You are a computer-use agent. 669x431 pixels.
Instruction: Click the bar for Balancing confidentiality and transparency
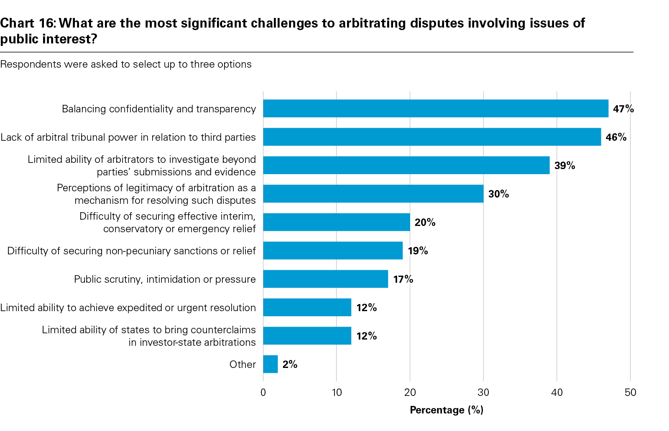pos(436,109)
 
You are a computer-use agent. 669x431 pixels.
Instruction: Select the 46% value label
pos(616,137)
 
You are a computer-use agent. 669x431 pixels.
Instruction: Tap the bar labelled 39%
pos(406,165)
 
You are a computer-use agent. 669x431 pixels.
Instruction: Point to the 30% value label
pos(498,194)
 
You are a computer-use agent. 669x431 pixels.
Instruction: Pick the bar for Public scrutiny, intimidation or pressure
pos(325,279)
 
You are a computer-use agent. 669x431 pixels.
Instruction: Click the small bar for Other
pos(271,364)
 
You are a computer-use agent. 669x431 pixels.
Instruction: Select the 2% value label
pos(290,364)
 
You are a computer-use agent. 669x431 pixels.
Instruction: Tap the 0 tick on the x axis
pos(263,393)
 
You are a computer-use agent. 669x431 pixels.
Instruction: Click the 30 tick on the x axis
pos(483,393)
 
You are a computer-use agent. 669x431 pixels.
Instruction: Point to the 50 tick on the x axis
pos(630,393)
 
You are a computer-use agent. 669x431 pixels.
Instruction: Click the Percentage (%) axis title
pos(447,410)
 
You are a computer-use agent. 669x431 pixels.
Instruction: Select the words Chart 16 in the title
pos(27,23)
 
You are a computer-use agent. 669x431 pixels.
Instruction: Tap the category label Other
pos(243,364)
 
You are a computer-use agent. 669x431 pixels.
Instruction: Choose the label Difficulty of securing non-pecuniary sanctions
pos(131,251)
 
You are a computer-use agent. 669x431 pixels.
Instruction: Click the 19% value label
pos(418,251)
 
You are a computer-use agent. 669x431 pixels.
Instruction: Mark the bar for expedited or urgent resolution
pos(307,307)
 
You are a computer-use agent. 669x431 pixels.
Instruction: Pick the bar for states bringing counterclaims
pos(307,336)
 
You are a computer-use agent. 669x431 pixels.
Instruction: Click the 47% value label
pos(623,109)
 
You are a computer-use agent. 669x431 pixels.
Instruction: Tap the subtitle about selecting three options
pos(126,64)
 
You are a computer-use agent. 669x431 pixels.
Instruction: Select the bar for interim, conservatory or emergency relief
pos(336,222)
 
